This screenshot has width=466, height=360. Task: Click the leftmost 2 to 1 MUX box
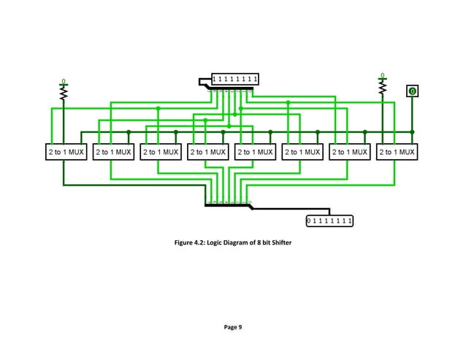pyautogui.click(x=64, y=153)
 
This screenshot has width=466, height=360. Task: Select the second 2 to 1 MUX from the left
pyautogui.click(x=111, y=153)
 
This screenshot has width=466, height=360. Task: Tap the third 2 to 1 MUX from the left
pyautogui.click(x=158, y=153)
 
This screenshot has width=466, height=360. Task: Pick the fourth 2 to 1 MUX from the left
pyautogui.click(x=207, y=153)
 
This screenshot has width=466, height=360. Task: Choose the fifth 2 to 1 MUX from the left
pyautogui.click(x=254, y=153)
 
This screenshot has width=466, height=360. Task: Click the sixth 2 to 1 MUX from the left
pyautogui.click(x=302, y=153)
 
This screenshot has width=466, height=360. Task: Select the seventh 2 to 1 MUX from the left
pyautogui.click(x=349, y=153)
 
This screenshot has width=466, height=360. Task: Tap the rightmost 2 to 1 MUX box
pyautogui.click(x=397, y=153)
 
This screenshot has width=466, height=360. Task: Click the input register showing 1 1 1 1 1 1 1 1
pyautogui.click(x=235, y=79)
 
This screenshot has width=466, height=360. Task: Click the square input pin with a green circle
pyautogui.click(x=413, y=91)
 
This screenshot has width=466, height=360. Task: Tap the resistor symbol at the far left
pyautogui.click(x=64, y=93)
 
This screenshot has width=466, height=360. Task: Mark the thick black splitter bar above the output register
pyautogui.click(x=229, y=205)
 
